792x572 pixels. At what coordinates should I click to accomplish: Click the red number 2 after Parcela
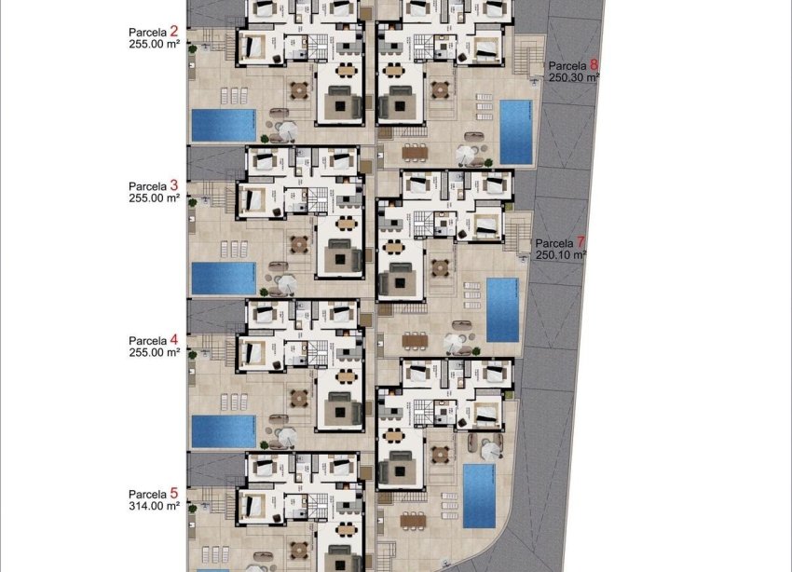pos(173,32)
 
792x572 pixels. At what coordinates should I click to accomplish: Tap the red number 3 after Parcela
pos(173,185)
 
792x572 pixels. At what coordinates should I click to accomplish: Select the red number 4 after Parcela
pos(173,339)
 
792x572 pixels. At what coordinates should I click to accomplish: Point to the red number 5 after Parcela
pos(173,493)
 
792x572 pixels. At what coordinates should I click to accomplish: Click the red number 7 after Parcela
pos(580,242)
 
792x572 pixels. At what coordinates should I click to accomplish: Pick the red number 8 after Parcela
pos(594,64)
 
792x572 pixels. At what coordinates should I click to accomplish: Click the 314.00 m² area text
pos(154,506)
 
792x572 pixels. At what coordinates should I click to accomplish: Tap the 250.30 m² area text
pos(574,77)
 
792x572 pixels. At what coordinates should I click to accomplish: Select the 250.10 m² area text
pos(561,255)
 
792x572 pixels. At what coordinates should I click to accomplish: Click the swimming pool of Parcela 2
pos(224,126)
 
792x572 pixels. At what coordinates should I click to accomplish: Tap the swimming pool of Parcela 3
pos(224,279)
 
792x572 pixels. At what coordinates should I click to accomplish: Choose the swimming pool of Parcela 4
pos(224,431)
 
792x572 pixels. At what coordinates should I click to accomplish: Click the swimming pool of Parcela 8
pos(515,132)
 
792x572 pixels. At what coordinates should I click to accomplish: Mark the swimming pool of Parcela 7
pos(502,310)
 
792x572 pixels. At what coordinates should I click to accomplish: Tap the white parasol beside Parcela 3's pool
pos(287,283)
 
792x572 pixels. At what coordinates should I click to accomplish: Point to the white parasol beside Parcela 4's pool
pos(287,437)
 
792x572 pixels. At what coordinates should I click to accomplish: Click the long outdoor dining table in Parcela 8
pos(416,153)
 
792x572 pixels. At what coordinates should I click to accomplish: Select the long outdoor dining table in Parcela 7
pos(416,341)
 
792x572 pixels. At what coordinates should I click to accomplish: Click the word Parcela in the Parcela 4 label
pos(147,341)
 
